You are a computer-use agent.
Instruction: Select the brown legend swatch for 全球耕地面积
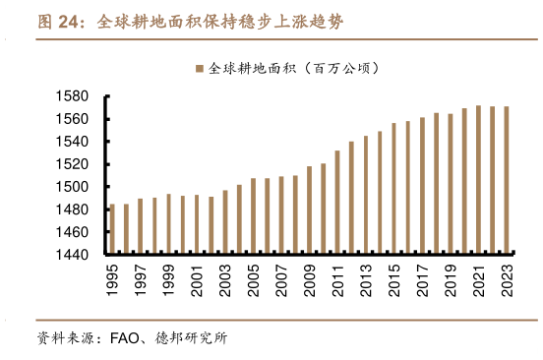[x=200, y=69]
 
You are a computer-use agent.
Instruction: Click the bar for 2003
[x=225, y=222]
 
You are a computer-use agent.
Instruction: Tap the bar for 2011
[x=337, y=203]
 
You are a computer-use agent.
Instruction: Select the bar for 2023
[x=507, y=181]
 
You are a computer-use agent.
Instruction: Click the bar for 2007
[x=281, y=215]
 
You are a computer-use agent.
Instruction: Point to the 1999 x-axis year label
[x=168, y=278]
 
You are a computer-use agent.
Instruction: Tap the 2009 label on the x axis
[x=310, y=278]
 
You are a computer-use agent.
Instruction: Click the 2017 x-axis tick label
[x=422, y=278]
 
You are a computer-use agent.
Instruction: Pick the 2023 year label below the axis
[x=507, y=278]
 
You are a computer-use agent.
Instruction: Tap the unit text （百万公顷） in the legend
[x=338, y=69]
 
